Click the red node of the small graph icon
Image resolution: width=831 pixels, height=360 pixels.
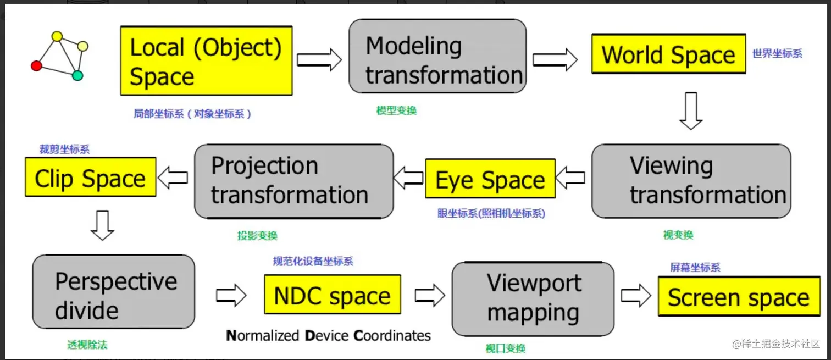(36, 66)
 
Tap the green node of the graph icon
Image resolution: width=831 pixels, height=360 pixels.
(77, 76)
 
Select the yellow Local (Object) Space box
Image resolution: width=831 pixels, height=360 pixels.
(206, 60)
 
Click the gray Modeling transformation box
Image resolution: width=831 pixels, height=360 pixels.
(437, 56)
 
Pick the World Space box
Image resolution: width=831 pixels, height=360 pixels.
(668, 54)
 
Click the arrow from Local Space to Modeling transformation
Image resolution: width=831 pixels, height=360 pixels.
(319, 59)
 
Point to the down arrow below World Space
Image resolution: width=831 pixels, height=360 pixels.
(691, 110)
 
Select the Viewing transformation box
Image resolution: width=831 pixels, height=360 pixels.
(691, 181)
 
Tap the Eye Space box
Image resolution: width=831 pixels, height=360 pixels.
(490, 179)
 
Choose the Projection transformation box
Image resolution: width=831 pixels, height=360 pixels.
(294, 181)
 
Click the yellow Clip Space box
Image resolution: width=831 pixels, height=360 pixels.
(91, 177)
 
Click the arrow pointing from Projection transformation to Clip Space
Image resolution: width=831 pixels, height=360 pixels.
(173, 178)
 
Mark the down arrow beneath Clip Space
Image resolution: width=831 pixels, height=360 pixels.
(102, 225)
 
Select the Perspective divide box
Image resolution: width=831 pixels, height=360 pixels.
(114, 292)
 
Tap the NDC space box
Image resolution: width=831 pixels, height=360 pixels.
(333, 294)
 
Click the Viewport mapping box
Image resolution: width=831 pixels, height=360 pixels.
(533, 299)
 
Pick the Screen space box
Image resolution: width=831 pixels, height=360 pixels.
(739, 296)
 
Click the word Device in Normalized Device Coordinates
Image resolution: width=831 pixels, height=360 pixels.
(327, 335)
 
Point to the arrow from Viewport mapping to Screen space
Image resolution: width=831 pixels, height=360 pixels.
(636, 296)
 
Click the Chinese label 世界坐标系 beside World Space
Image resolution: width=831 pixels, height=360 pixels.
(777, 53)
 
